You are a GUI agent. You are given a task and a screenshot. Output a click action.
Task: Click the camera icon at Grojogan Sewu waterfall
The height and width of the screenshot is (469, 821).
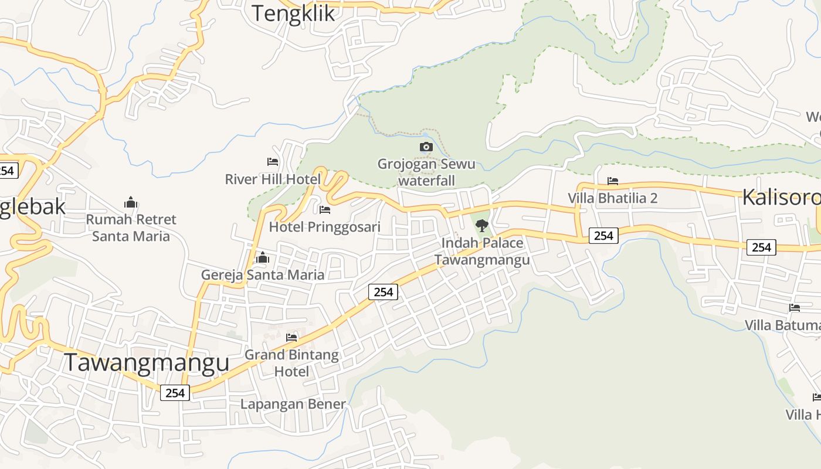[x=426, y=147]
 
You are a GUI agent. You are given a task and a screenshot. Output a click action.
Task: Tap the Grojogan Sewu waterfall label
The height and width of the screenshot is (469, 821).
[x=426, y=172]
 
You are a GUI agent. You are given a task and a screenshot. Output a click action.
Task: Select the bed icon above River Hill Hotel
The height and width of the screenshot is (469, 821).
[x=273, y=161]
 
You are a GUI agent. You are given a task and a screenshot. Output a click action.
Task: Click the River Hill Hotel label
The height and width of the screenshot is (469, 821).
[x=273, y=179]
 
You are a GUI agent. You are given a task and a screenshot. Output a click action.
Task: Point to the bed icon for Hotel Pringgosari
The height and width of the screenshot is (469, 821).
[x=325, y=209]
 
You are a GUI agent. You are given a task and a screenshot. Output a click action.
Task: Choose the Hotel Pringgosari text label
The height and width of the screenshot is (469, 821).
[x=325, y=227]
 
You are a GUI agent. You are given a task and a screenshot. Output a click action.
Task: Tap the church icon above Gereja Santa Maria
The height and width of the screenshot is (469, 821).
[x=263, y=257]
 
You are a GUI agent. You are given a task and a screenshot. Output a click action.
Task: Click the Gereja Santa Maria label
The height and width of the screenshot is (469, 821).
[x=263, y=274]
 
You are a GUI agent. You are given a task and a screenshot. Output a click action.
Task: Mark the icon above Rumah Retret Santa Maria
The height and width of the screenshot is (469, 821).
[x=131, y=203]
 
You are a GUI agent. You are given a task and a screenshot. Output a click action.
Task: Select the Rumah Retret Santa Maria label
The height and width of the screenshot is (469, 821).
[x=131, y=227]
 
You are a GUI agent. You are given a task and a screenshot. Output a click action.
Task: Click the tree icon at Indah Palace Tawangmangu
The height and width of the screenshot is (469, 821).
[x=482, y=225]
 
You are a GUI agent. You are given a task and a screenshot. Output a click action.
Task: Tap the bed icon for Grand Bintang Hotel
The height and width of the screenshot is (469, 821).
[x=291, y=337]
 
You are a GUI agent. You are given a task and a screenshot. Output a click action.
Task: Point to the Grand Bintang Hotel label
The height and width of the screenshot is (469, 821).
[x=291, y=363]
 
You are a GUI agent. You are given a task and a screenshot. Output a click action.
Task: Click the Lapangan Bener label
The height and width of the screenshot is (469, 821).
[x=293, y=404]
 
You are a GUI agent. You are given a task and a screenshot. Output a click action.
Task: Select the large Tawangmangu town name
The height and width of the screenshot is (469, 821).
[x=146, y=362]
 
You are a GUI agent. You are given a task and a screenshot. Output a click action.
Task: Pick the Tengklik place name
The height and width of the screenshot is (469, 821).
[x=293, y=13]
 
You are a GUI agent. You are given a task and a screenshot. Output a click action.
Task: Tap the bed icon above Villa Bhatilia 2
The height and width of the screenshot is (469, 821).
[x=613, y=181]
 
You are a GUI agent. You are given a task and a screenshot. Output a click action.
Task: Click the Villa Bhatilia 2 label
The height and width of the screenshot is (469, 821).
[x=613, y=198]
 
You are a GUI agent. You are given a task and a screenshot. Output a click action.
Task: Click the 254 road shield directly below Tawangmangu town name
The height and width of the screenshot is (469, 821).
[x=175, y=393]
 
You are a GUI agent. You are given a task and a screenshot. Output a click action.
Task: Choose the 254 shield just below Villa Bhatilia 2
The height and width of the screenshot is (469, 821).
[x=603, y=236]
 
